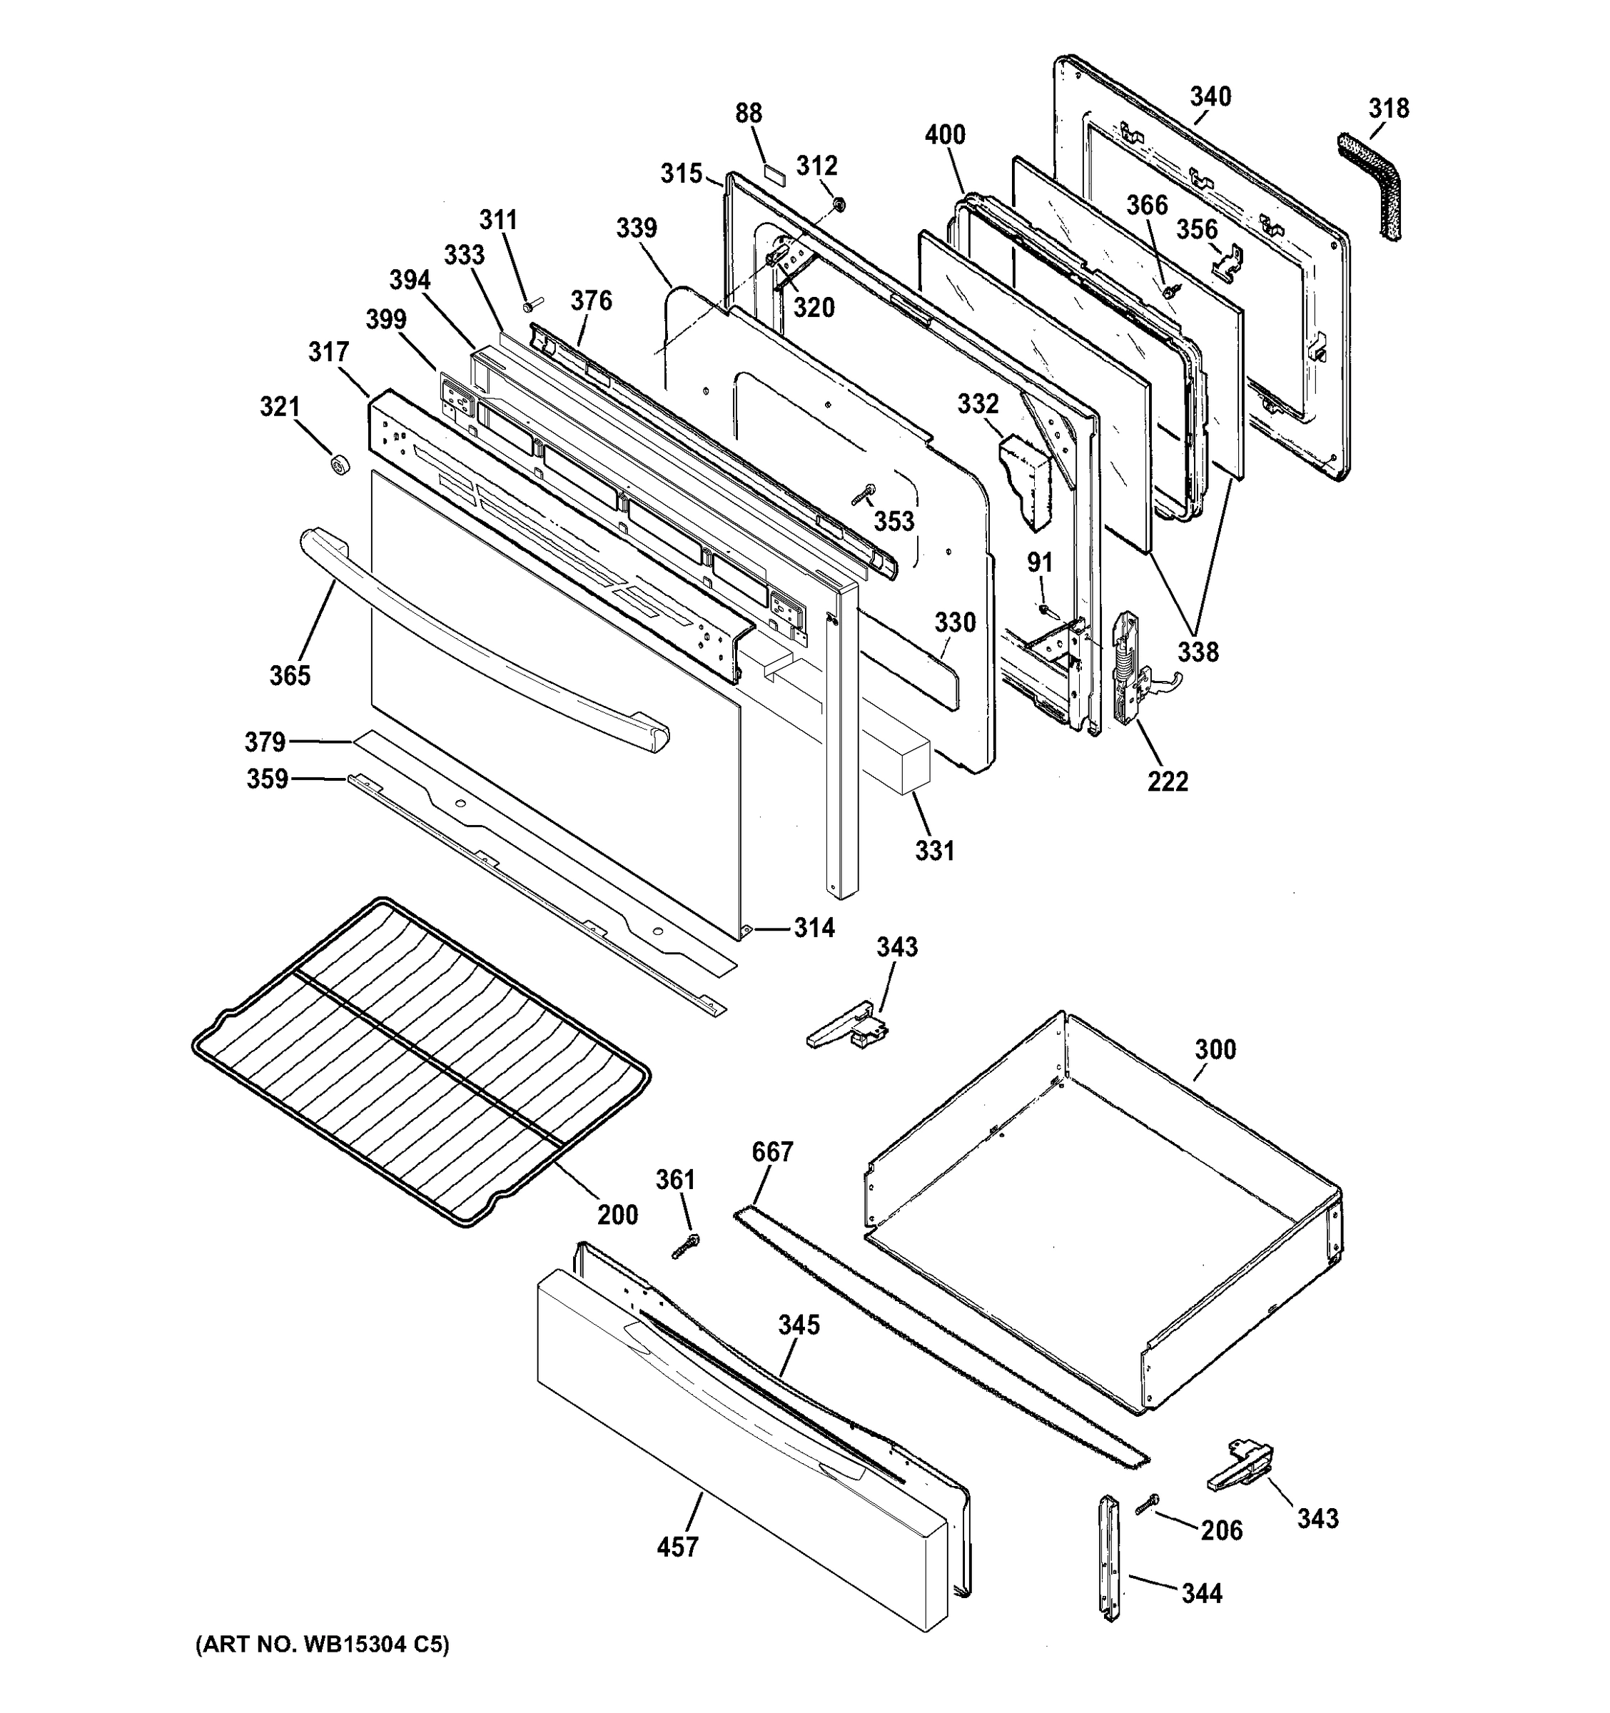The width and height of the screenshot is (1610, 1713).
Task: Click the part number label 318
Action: coord(1389,108)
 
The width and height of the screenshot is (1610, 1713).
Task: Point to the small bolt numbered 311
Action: coord(531,304)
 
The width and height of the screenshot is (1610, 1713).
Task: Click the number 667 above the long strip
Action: coord(772,1151)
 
